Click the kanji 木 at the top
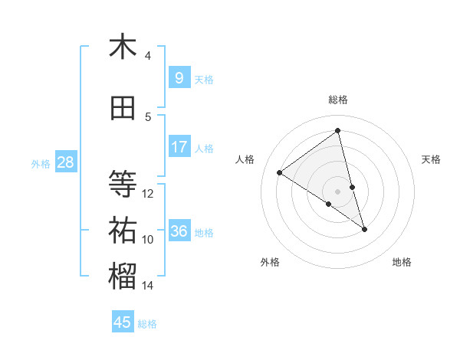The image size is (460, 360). coord(123,47)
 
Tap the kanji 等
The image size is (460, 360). coord(123,184)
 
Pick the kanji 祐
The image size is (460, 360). coord(123,230)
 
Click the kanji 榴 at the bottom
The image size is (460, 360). coord(123,277)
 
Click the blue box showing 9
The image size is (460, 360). coord(179,78)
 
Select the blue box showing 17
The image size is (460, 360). coord(179,147)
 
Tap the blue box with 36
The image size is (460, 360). coord(179,231)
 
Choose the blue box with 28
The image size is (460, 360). coord(65,162)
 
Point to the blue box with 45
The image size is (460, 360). coord(123,322)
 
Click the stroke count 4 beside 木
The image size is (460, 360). coord(148,56)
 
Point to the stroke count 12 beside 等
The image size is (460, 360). coord(148,194)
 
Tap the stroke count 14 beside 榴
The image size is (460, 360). coord(148,286)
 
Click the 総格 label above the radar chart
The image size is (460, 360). coord(338,100)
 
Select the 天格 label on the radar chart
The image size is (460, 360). coord(432,159)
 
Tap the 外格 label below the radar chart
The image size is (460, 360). coord(270,262)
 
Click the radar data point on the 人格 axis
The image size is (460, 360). coord(280,172)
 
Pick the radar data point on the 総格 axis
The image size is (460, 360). coord(338,131)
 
